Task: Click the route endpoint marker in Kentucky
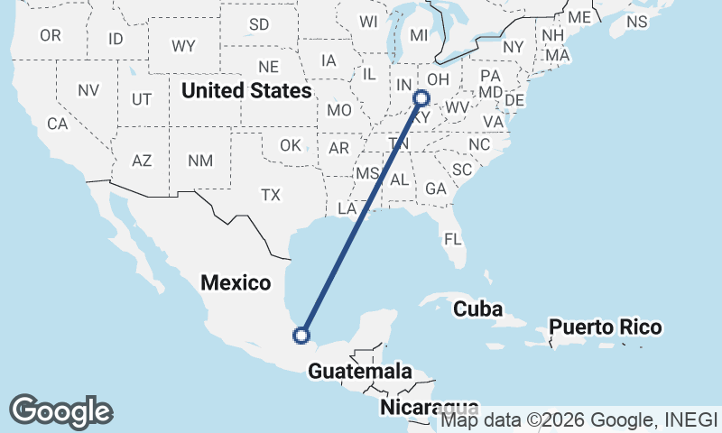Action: (x=421, y=99)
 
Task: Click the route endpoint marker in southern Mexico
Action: (x=302, y=336)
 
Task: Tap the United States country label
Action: (x=246, y=91)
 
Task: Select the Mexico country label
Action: (x=236, y=282)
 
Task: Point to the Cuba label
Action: (x=477, y=309)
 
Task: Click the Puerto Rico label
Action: (x=606, y=327)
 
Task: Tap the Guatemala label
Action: (x=360, y=371)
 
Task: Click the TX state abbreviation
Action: (x=271, y=194)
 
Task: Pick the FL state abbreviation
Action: (x=452, y=239)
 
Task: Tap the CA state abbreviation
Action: (x=58, y=124)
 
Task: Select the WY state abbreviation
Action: (x=183, y=45)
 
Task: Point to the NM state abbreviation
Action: (x=199, y=161)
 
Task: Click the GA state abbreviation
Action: (x=436, y=189)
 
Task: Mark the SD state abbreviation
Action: (x=259, y=24)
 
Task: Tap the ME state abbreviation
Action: (x=579, y=17)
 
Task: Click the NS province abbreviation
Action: (x=637, y=21)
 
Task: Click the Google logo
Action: (x=60, y=411)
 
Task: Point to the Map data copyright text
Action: (x=579, y=419)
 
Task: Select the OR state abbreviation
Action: (x=51, y=35)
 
